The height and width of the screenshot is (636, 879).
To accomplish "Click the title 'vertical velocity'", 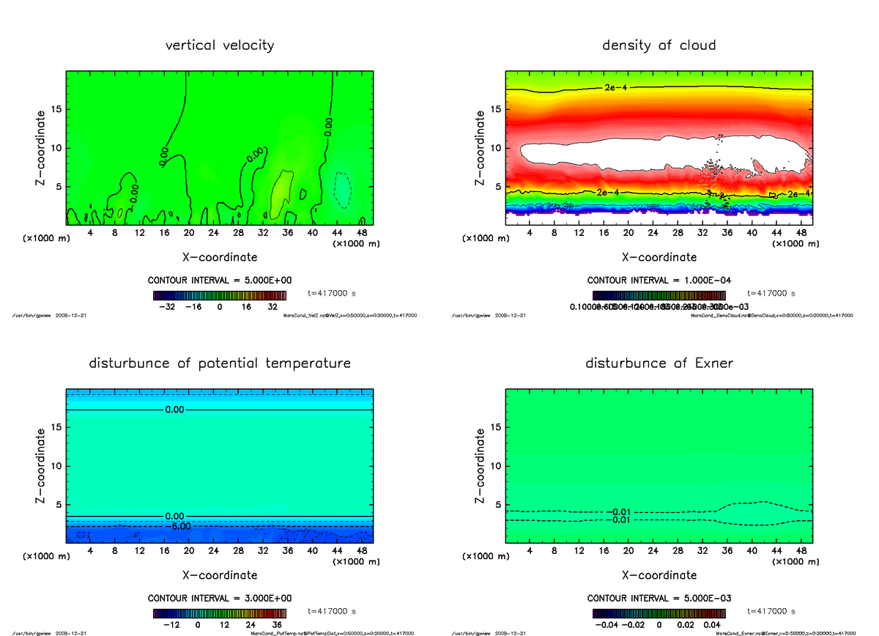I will [220, 45].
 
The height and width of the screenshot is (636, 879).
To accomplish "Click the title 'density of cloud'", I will [659, 45].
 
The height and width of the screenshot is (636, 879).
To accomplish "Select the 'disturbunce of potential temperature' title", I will [220, 363].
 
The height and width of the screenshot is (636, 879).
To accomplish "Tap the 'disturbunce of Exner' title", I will [659, 363].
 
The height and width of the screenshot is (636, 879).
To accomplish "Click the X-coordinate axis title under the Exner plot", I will [659, 575].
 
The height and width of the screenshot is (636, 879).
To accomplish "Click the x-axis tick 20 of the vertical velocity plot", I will [189, 233].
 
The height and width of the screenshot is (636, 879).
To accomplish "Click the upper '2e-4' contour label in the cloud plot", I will [614, 88].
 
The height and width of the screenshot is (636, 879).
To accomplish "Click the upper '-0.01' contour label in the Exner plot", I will [621, 512].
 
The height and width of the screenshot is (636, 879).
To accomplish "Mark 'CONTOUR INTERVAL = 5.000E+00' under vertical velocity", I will [220, 281].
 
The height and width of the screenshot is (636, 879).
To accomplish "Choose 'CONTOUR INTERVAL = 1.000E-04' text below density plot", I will [659, 281].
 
